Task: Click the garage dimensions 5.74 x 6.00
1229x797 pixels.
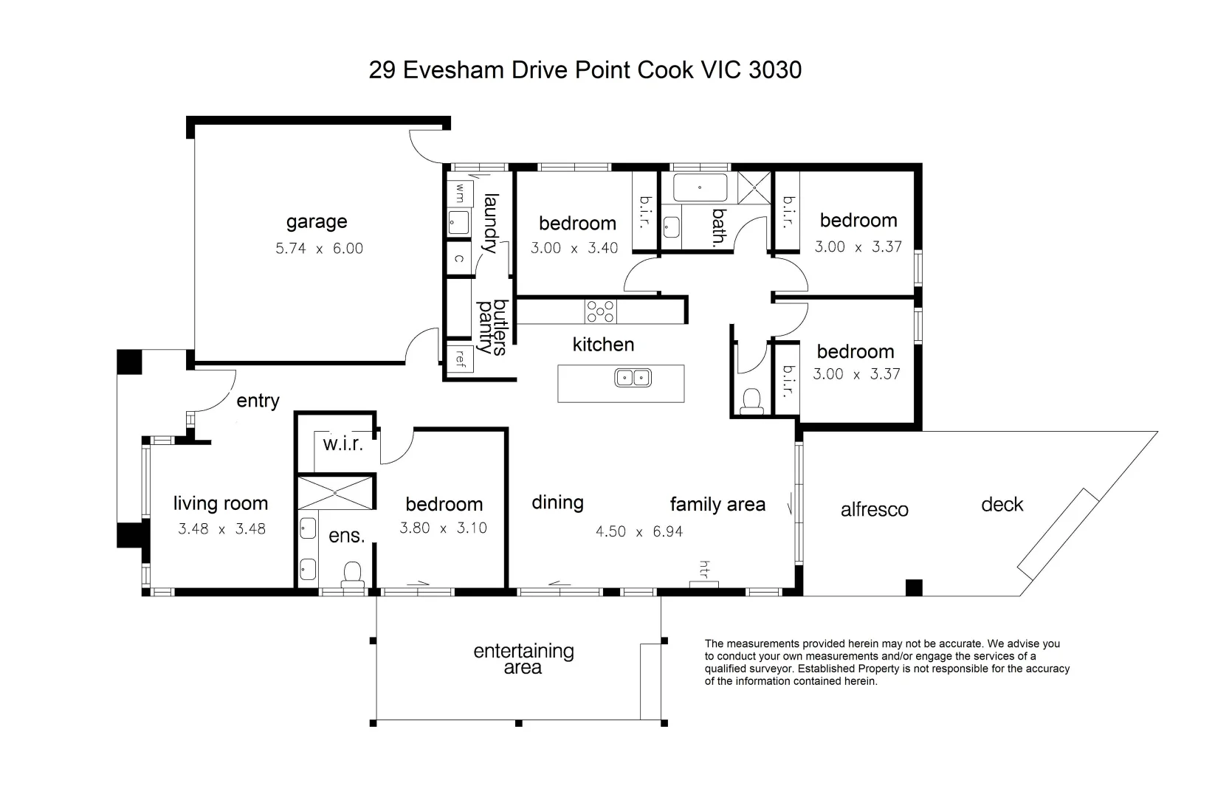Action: click(x=319, y=249)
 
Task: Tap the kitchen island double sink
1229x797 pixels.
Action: click(x=633, y=379)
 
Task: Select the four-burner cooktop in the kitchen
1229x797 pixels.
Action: click(x=600, y=311)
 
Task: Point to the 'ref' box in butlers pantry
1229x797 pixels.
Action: click(x=460, y=359)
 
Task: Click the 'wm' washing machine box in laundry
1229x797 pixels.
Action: click(x=459, y=193)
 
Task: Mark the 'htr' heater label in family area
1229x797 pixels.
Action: click(x=704, y=569)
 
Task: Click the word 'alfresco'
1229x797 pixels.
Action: click(x=874, y=510)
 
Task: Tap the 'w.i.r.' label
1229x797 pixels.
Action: click(x=343, y=444)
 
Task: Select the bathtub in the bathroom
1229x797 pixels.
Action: click(x=700, y=188)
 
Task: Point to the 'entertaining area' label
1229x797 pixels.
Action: click(x=523, y=659)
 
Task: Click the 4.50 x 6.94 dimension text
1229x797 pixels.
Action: click(x=639, y=531)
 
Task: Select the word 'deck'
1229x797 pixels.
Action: click(x=1002, y=505)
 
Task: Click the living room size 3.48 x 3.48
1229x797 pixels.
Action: click(x=221, y=529)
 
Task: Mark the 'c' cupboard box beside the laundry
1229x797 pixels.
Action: click(x=458, y=258)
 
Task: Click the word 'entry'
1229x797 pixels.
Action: click(x=258, y=401)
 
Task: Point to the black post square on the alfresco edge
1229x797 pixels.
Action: click(x=914, y=587)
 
